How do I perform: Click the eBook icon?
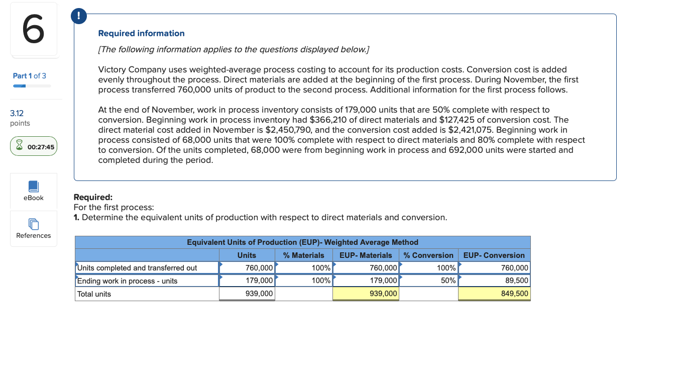pyautogui.click(x=34, y=187)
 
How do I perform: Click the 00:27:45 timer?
pyautogui.click(x=34, y=146)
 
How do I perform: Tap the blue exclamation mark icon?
pyautogui.click(x=78, y=17)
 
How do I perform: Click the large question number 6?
pyautogui.click(x=33, y=30)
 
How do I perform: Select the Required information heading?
pyautogui.click(x=141, y=33)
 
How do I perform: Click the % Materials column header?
pyautogui.click(x=303, y=255)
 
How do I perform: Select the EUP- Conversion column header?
pyautogui.click(x=494, y=255)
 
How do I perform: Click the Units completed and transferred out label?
pyautogui.click(x=137, y=268)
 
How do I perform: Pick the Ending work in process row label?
pyautogui.click(x=128, y=281)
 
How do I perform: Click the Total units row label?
pyautogui.click(x=94, y=294)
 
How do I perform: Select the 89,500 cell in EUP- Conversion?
pyautogui.click(x=515, y=281)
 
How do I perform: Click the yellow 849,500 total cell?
pyautogui.click(x=514, y=294)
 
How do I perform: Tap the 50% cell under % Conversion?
pyautogui.click(x=448, y=281)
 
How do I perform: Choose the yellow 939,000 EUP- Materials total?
pyautogui.click(x=383, y=294)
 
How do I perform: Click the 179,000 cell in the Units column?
pyautogui.click(x=259, y=281)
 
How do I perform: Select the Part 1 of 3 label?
pyautogui.click(x=30, y=76)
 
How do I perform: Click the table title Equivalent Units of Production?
pyautogui.click(x=302, y=242)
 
